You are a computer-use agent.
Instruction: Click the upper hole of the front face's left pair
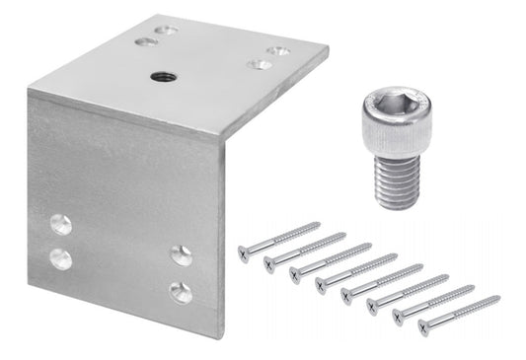61,225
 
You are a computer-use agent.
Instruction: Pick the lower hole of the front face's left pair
61,259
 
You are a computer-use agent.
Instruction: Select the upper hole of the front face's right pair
182,255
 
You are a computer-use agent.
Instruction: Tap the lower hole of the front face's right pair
181,291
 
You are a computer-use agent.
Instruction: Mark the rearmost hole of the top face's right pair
280,49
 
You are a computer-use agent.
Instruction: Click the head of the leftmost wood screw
244,252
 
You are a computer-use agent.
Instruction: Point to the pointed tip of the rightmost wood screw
498,296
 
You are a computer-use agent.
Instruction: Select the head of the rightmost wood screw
424,326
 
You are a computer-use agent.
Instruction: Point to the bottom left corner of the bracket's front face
29,285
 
